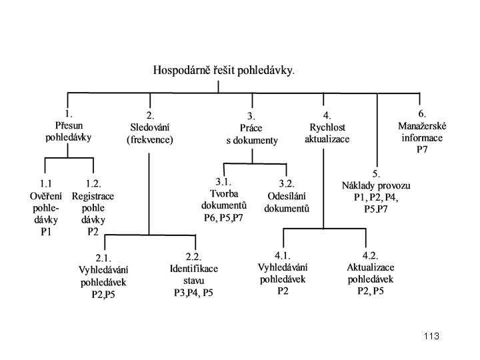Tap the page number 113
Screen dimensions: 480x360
click(x=431, y=336)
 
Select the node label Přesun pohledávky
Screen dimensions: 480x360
click(x=69, y=131)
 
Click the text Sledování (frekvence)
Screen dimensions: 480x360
click(x=150, y=133)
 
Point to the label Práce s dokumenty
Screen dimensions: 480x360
click(x=252, y=134)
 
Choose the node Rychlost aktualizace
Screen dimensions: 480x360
click(x=327, y=133)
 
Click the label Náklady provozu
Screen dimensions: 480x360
click(x=376, y=185)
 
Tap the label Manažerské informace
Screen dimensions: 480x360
click(x=422, y=131)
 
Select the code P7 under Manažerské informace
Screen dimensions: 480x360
click(x=422, y=149)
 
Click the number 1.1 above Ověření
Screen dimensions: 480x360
click(x=45, y=184)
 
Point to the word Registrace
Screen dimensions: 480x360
click(x=93, y=196)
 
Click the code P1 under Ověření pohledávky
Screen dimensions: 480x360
click(x=46, y=232)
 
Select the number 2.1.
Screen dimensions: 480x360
click(x=103, y=259)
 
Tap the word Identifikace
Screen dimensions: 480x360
click(x=194, y=269)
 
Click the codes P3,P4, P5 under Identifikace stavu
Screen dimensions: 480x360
click(x=193, y=293)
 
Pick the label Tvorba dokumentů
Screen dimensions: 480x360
click(x=224, y=199)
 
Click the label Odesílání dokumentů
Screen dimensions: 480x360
click(x=287, y=203)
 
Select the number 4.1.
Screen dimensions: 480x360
click(x=283, y=255)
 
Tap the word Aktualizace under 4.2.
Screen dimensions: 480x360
click(x=371, y=267)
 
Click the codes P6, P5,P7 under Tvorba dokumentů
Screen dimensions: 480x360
click(x=223, y=217)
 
